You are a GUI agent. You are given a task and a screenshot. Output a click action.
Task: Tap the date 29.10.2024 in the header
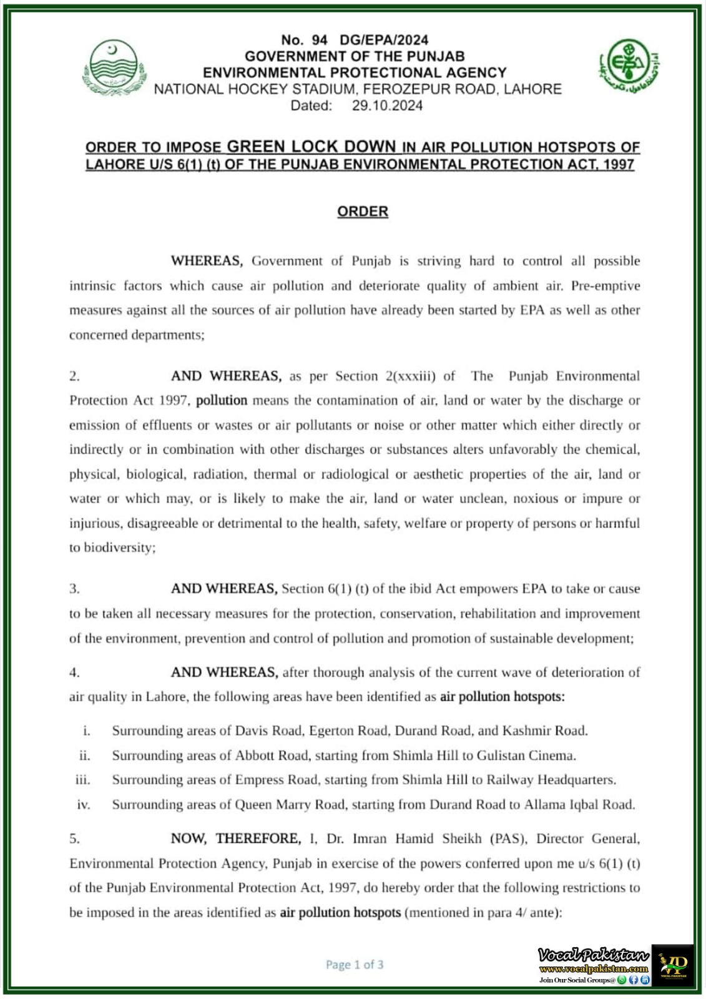387,106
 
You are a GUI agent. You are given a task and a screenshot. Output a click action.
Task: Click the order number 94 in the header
320,40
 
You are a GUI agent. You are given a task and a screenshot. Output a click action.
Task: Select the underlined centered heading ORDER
363,212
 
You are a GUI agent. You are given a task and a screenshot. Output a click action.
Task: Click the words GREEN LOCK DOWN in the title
311,147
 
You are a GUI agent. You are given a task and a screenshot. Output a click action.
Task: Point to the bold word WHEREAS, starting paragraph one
207,261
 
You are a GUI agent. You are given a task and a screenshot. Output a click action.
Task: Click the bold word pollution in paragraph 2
222,400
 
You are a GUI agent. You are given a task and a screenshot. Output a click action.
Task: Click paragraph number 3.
74,589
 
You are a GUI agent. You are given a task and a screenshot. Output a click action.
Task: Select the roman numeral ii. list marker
84,755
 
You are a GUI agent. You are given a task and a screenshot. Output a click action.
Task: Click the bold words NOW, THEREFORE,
236,839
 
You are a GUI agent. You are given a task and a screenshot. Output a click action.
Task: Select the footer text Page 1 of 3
355,965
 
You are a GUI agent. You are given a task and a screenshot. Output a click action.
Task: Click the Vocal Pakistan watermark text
593,955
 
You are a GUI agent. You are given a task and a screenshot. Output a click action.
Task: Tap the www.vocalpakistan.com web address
594,969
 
